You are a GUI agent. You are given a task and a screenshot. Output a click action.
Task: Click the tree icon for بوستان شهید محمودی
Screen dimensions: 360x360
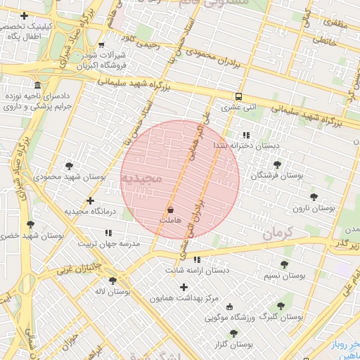tap(69, 166)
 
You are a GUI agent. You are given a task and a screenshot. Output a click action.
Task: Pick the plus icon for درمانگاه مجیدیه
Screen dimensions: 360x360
tap(89, 200)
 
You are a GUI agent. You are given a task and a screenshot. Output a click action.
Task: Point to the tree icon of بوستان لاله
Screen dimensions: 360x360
tap(112, 280)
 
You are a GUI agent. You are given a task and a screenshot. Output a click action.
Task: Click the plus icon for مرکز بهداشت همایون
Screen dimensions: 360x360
tap(184, 287)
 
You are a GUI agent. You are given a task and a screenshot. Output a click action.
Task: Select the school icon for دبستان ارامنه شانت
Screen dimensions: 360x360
tap(196, 259)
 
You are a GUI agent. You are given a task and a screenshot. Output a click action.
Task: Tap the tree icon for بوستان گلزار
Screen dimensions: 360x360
tap(233, 333)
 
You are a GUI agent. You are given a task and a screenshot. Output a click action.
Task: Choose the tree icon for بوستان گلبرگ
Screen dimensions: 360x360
tap(281, 306)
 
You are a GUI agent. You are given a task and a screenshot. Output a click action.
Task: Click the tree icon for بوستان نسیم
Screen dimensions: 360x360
tap(284, 264)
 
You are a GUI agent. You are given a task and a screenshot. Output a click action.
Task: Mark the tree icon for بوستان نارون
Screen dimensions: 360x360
tap(314, 197)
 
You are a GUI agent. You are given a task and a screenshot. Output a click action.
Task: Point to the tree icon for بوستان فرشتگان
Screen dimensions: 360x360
tap(277, 164)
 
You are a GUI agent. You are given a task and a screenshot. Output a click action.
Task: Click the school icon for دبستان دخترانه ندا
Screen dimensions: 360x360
tap(245, 134)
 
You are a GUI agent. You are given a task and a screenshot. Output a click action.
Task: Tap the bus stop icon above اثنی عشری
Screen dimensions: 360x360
tap(238, 96)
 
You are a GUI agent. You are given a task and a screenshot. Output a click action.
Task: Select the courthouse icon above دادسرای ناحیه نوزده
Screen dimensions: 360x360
tap(37, 84)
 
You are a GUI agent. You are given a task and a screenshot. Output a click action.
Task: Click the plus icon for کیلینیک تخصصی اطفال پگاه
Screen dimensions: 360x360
tap(25, 15)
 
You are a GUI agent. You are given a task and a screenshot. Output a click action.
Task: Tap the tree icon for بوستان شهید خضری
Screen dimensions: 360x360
tap(30, 224)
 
